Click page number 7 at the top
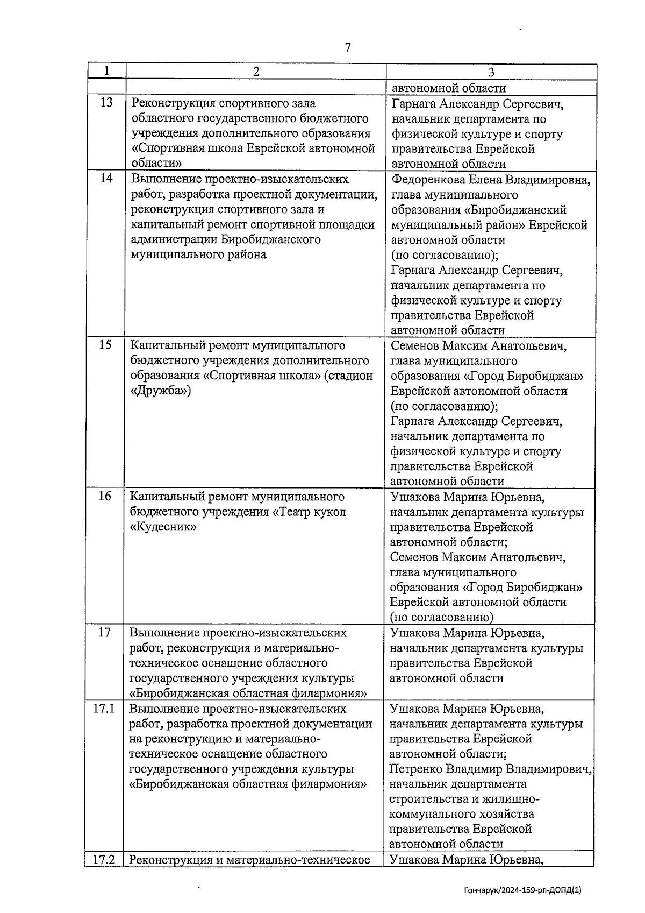pyautogui.click(x=348, y=48)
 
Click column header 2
pyautogui.click(x=256, y=72)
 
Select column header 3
pyautogui.click(x=491, y=72)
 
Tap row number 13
pyautogui.click(x=106, y=103)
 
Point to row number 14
pyautogui.click(x=106, y=179)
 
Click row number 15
pyautogui.click(x=106, y=345)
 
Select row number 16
pyautogui.click(x=105, y=496)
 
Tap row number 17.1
pyautogui.click(x=104, y=709)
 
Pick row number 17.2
pyautogui.click(x=104, y=860)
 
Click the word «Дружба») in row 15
pyautogui.click(x=160, y=391)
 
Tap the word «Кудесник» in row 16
pyautogui.click(x=163, y=527)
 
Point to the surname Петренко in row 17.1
pyautogui.click(x=414, y=769)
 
